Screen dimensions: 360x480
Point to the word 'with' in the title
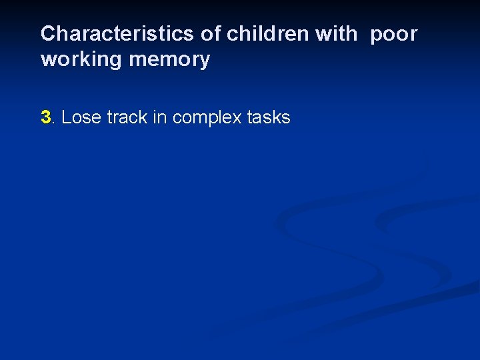pyautogui.click(x=337, y=34)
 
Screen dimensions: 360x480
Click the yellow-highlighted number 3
pyautogui.click(x=45, y=118)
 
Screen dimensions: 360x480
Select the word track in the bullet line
pyautogui.click(x=126, y=118)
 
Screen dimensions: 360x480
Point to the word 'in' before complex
pyautogui.click(x=161, y=118)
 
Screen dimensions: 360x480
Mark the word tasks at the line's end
pyautogui.click(x=269, y=118)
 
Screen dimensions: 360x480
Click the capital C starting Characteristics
pyautogui.click(x=47, y=34)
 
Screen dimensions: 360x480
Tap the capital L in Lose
pyautogui.click(x=65, y=118)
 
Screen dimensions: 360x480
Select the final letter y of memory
pyautogui.click(x=205, y=62)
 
